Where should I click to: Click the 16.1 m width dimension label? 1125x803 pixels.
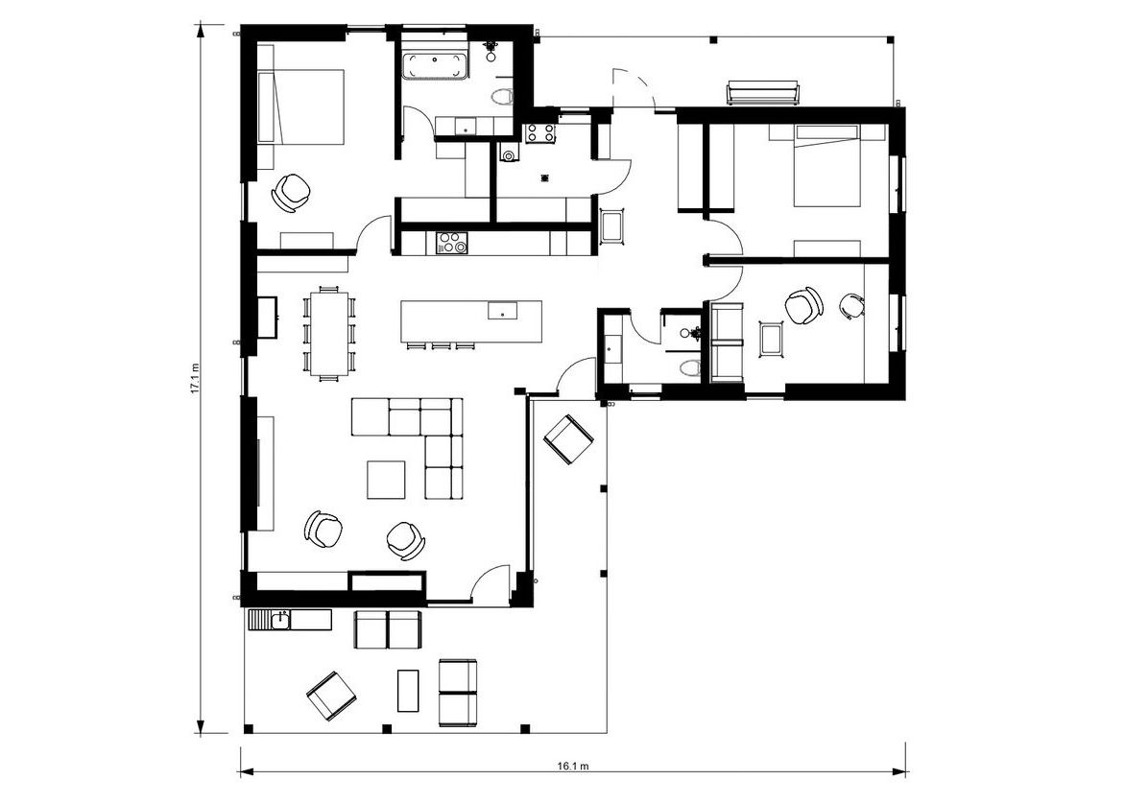(x=572, y=765)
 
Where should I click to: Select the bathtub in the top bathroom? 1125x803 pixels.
(x=435, y=67)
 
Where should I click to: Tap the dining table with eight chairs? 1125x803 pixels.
(x=329, y=333)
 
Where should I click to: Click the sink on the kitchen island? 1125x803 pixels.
(x=502, y=311)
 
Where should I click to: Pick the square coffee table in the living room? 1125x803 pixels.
(x=386, y=479)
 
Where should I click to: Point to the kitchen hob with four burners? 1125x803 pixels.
(x=451, y=243)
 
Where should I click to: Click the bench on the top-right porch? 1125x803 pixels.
(x=763, y=92)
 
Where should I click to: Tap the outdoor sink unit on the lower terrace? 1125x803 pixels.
(x=289, y=620)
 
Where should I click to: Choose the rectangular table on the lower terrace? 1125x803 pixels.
(x=408, y=690)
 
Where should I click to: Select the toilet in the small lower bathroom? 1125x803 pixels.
(x=689, y=368)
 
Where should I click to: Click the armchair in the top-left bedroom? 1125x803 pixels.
(x=291, y=192)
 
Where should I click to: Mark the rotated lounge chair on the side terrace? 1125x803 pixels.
(x=568, y=440)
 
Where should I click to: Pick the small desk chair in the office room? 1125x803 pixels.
(x=851, y=306)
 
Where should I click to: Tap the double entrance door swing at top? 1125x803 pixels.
(x=633, y=89)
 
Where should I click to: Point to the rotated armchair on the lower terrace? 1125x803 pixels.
(x=331, y=697)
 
